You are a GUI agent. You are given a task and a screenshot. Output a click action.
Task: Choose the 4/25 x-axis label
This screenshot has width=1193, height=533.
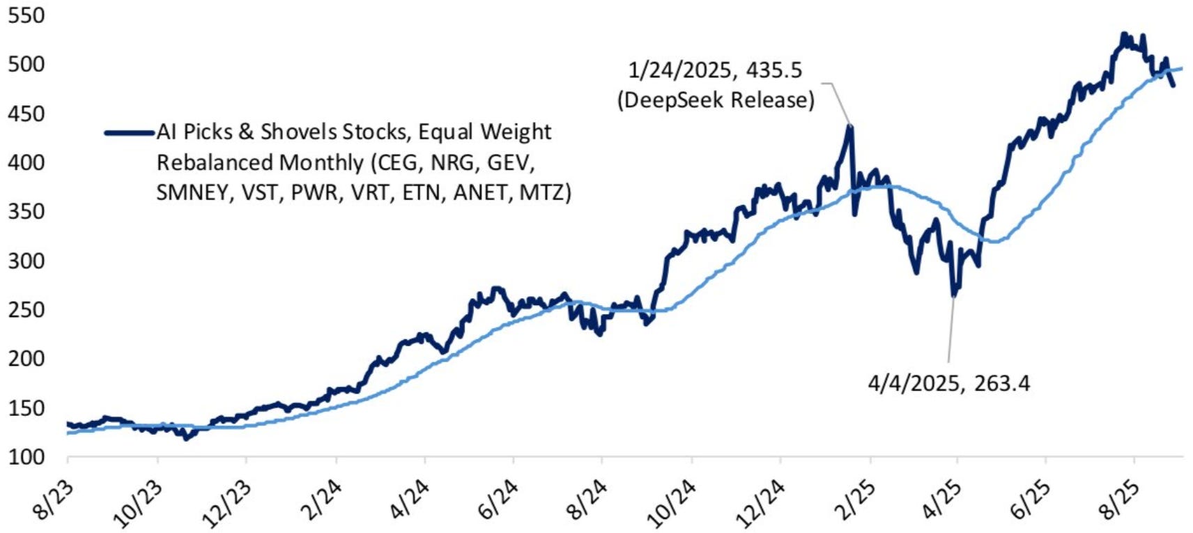[x=943, y=501]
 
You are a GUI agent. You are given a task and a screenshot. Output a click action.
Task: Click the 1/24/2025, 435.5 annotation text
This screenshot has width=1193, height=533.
[x=715, y=70]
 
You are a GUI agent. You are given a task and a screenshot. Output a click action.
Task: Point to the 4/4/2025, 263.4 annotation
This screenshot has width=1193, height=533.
[x=948, y=383]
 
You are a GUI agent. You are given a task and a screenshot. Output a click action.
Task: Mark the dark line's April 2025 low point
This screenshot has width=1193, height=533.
[x=954, y=296]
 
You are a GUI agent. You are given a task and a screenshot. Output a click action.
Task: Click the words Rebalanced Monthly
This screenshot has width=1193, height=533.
[x=260, y=162]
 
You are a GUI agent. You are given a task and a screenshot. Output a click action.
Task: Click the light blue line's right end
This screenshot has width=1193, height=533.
[x=1181, y=68]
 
